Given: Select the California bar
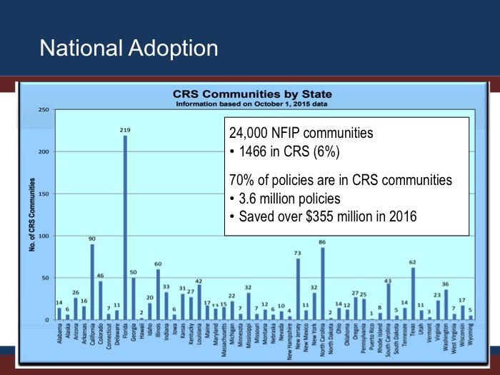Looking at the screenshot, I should (92, 282).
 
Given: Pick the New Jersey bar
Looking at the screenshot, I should (298, 289).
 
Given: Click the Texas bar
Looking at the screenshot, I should (413, 294).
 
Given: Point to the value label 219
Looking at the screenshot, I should (126, 130).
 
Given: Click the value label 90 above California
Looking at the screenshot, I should (92, 239).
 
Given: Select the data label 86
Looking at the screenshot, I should (323, 243).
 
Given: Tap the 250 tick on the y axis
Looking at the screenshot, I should (44, 110).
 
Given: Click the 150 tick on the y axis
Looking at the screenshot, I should (44, 194).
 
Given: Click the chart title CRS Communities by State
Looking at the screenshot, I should (252, 94).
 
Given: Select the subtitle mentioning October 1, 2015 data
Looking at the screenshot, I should (252, 103).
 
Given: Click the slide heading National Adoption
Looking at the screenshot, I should (129, 48).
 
